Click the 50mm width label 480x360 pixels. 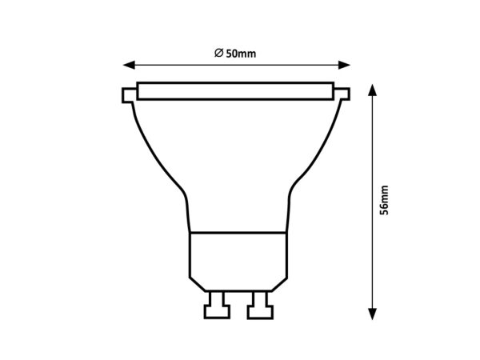(240, 54)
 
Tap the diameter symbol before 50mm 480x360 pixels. (218, 54)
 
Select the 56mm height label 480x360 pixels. (386, 200)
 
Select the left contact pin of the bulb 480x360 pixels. (215, 304)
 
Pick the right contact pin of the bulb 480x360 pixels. (258, 304)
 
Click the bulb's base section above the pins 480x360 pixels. (237, 256)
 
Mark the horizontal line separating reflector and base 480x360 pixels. (237, 233)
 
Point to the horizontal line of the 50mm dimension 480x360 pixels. (280, 65)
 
